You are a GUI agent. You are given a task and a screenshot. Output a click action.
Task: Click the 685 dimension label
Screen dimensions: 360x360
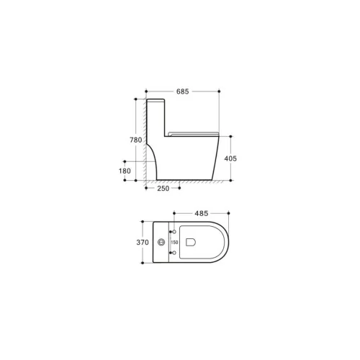(x=183, y=91)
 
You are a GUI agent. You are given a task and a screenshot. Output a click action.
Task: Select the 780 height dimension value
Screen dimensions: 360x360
(x=136, y=140)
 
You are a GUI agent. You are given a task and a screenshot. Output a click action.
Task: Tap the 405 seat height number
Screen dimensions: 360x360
(x=230, y=158)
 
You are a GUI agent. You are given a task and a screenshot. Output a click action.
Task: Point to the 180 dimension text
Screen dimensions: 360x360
(x=125, y=171)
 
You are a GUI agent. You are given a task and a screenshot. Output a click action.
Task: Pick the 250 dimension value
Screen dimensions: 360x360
(x=163, y=189)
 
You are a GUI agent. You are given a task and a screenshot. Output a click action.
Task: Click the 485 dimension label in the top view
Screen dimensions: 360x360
(x=202, y=213)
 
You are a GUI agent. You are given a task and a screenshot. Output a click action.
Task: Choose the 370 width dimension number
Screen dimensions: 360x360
(x=143, y=243)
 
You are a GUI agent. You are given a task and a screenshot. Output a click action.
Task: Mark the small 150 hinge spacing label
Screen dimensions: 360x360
(x=174, y=243)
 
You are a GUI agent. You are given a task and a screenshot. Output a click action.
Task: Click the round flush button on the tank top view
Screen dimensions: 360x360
(x=161, y=242)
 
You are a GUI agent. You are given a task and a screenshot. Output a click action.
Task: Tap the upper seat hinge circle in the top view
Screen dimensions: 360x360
(x=174, y=232)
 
